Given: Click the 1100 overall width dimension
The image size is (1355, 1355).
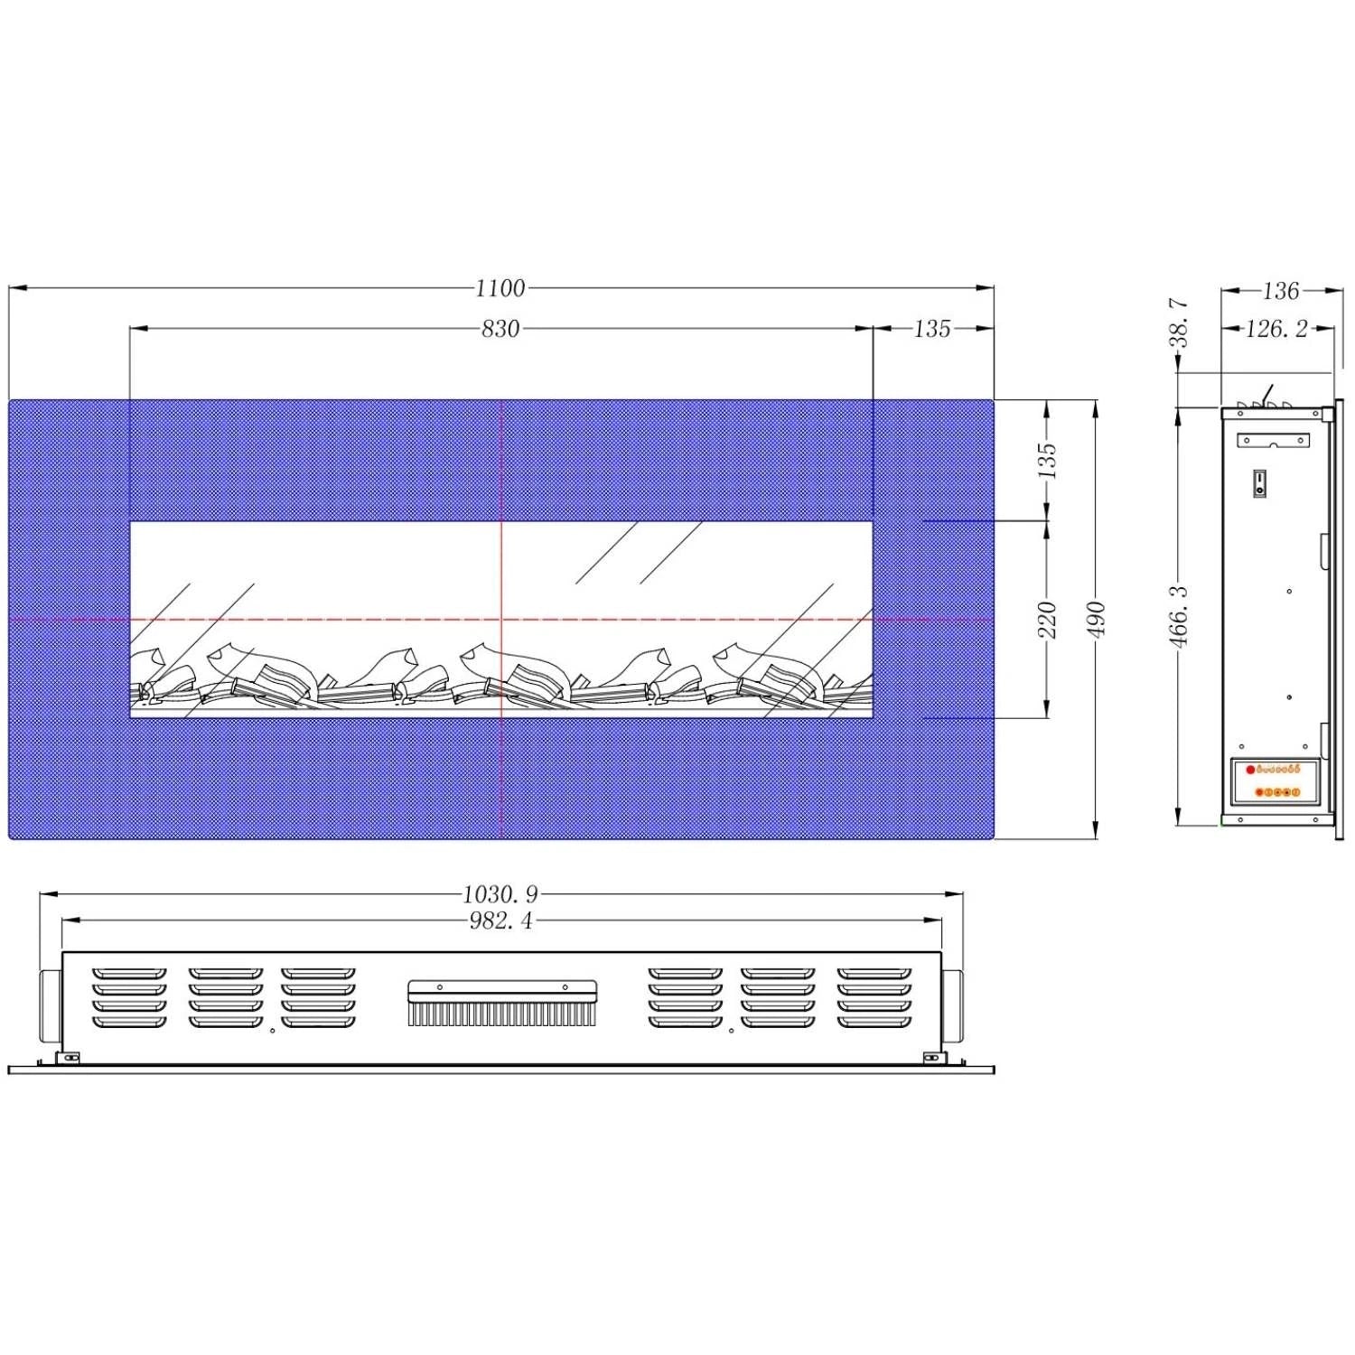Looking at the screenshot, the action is pyautogui.click(x=500, y=288).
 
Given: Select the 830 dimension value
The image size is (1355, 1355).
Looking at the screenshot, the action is pyautogui.click(x=500, y=329).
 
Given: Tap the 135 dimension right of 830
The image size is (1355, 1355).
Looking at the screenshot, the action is pyautogui.click(x=932, y=329).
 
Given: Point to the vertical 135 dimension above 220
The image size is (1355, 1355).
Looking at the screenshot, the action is pyautogui.click(x=1047, y=461).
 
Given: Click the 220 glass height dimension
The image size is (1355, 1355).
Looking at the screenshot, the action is pyautogui.click(x=1047, y=620).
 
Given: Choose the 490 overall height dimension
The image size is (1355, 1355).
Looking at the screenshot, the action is pyautogui.click(x=1097, y=620).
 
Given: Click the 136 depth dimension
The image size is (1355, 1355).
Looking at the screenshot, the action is pyautogui.click(x=1281, y=291).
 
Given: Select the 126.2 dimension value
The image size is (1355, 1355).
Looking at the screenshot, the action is pyautogui.click(x=1276, y=329).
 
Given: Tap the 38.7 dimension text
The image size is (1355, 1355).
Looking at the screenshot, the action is pyautogui.click(x=1181, y=322).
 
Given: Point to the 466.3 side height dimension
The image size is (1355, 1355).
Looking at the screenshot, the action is pyautogui.click(x=1181, y=616).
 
